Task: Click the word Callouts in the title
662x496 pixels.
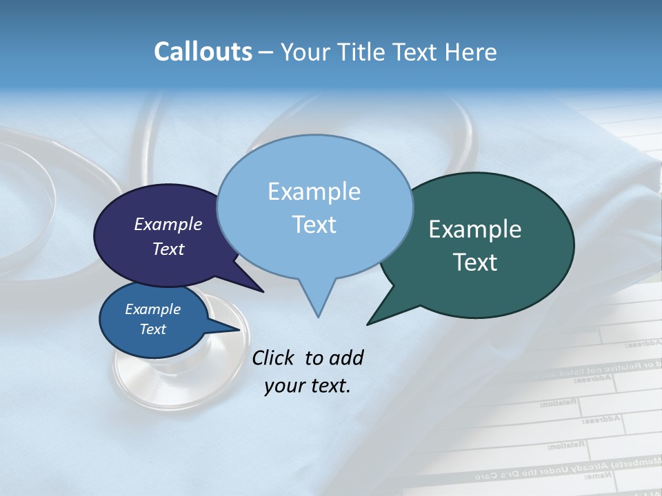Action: click(x=203, y=52)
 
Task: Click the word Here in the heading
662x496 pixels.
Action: click(x=472, y=52)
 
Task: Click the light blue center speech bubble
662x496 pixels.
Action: click(x=314, y=248)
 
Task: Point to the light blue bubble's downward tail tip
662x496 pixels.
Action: click(x=318, y=316)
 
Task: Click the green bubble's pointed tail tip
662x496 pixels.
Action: click(x=368, y=324)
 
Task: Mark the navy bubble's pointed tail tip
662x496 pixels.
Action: click(x=263, y=291)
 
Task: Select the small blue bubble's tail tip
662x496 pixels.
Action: click(x=240, y=329)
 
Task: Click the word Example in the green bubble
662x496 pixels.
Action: click(x=475, y=229)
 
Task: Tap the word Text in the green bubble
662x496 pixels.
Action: click(x=475, y=262)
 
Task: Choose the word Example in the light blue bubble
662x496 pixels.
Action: click(x=314, y=192)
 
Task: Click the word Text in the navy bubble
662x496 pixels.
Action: click(x=168, y=249)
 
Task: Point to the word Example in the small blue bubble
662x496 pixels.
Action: click(x=152, y=309)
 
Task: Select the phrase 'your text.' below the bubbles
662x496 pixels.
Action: click(x=308, y=386)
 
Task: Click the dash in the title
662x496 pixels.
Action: click(x=267, y=52)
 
